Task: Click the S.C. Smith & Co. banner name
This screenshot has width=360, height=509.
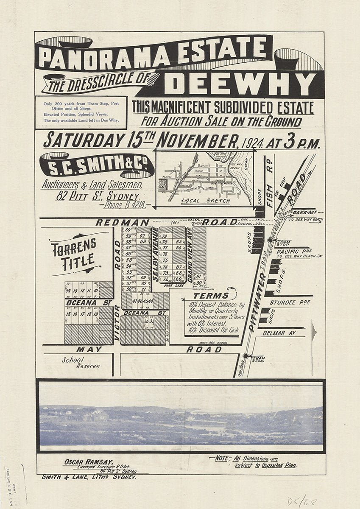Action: point(96,165)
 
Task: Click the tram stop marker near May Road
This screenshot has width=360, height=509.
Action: point(246,356)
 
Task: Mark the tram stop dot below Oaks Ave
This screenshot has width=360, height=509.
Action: point(270,240)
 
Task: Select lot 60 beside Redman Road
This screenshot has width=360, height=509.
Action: point(128,229)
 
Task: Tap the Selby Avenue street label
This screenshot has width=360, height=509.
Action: point(155,255)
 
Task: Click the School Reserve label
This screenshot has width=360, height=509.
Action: point(81,363)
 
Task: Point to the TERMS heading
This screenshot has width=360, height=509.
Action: point(208,296)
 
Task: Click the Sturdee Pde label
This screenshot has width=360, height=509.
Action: point(290,302)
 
